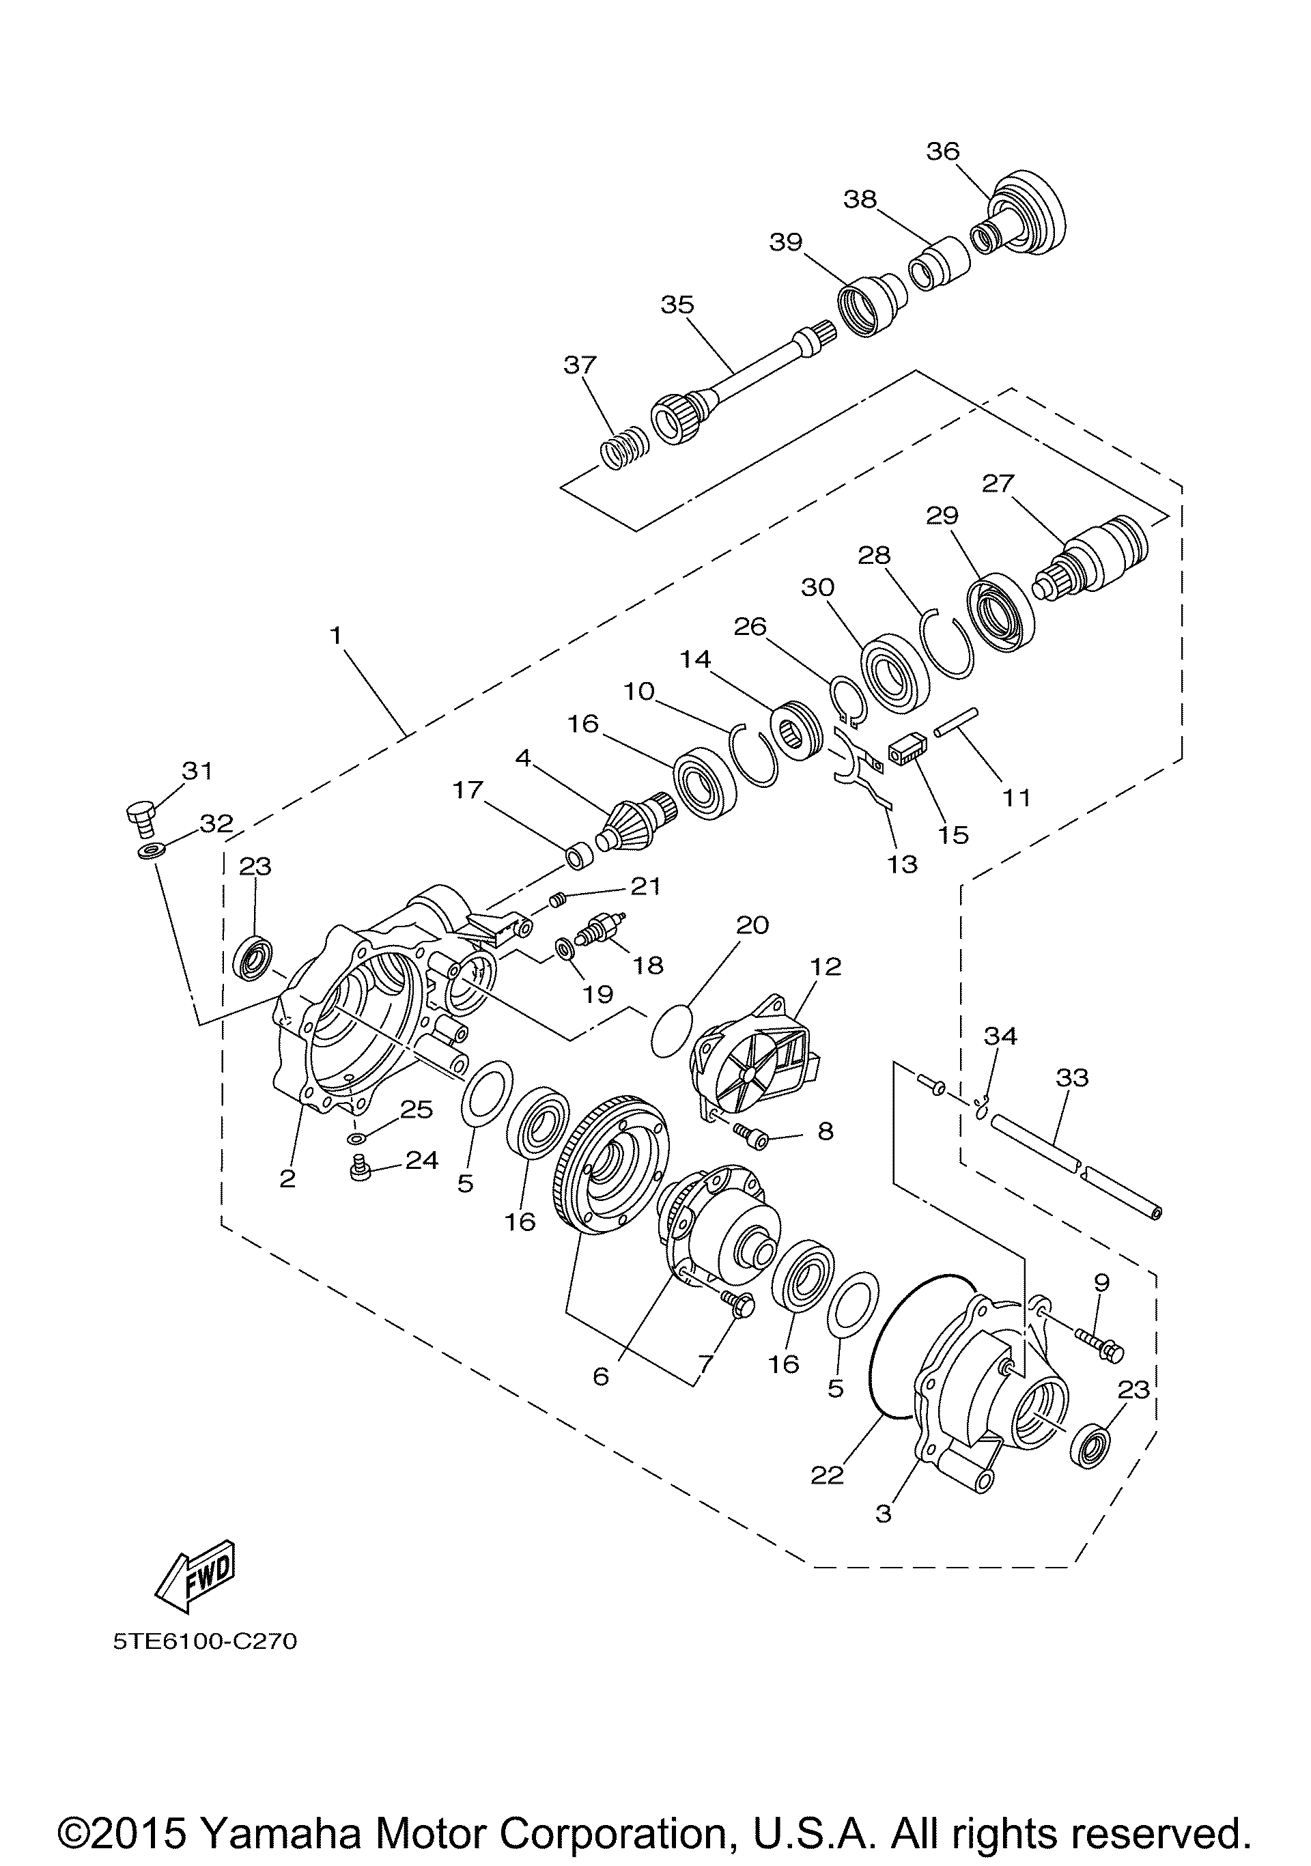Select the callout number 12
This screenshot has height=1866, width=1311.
tap(825, 966)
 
